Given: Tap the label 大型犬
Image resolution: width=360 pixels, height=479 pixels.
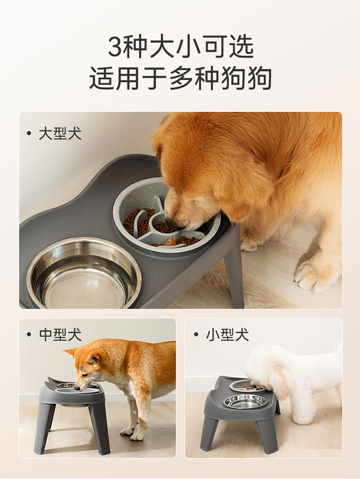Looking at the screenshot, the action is (x=60, y=134).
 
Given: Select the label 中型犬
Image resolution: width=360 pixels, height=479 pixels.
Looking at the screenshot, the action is (x=60, y=334).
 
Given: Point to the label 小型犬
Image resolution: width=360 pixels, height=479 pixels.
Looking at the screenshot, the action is (x=228, y=334).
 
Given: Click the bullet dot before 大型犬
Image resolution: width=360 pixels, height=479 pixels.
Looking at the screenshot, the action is (x=29, y=133).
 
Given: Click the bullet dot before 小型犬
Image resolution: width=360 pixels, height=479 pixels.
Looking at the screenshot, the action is (x=196, y=334).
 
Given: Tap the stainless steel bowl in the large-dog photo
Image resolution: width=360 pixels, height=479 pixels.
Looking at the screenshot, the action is (x=84, y=273).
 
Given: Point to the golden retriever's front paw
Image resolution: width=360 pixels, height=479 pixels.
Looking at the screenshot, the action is (x=314, y=273).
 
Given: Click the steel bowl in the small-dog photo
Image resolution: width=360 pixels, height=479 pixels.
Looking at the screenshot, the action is (x=246, y=401).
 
